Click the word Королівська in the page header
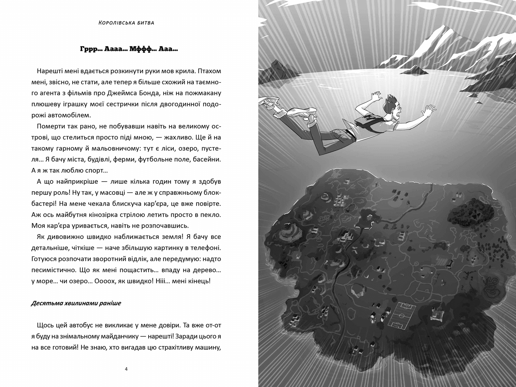(112, 23)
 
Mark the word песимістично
(51, 270)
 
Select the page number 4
(126, 369)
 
